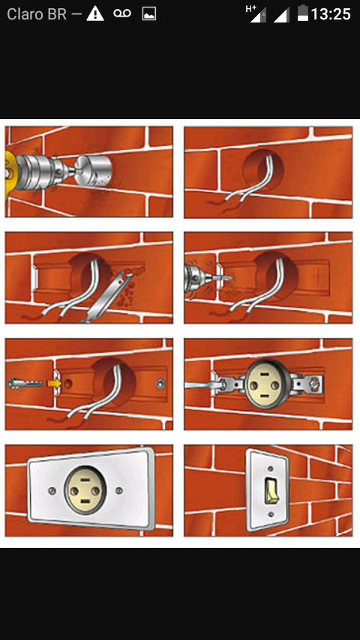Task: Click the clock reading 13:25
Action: coord(331,14)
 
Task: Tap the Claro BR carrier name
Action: coord(37,14)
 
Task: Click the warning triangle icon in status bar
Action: coord(95,14)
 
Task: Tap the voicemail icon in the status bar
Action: coord(122,13)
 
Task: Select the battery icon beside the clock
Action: coord(302,13)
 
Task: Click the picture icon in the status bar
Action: coord(149,14)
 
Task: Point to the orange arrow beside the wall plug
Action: coord(54,383)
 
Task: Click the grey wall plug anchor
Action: coord(25,384)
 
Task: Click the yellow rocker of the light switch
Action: coord(271,490)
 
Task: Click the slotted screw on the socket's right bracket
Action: coord(315,384)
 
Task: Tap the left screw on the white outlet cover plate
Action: coord(52,489)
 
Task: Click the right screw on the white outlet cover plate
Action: coord(119,489)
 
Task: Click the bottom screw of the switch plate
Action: coord(270,514)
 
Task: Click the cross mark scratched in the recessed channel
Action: coord(317,276)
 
